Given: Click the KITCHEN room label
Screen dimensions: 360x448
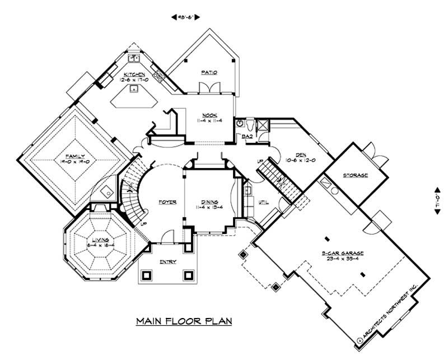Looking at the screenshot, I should pyautogui.click(x=135, y=74).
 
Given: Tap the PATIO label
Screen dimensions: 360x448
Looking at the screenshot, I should pyautogui.click(x=209, y=72).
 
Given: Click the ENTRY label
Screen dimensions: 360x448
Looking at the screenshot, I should pyautogui.click(x=167, y=261).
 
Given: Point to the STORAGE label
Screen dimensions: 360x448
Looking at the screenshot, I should pyautogui.click(x=356, y=175).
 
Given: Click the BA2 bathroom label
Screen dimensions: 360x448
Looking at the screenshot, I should pyautogui.click(x=246, y=136).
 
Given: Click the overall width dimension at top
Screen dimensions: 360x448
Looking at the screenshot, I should pyautogui.click(x=186, y=17).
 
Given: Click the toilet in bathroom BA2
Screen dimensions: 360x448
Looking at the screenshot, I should pyautogui.click(x=240, y=123).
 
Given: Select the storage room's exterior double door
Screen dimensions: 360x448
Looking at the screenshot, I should pyautogui.click(x=371, y=149).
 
